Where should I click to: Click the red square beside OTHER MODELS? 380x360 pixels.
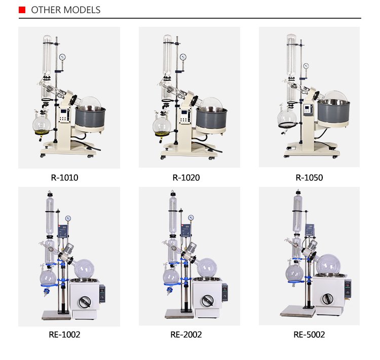point(22,10)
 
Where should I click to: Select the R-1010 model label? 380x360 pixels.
point(64,178)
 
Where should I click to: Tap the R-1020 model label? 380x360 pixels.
point(186,178)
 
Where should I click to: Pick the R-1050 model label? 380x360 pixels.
point(309,178)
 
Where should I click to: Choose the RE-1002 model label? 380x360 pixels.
point(64,335)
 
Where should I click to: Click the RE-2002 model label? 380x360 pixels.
point(186,335)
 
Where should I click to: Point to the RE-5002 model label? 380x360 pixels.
point(309,335)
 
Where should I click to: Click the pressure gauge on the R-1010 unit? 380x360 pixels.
point(62,57)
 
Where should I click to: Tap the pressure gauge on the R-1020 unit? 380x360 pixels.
point(183,57)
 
